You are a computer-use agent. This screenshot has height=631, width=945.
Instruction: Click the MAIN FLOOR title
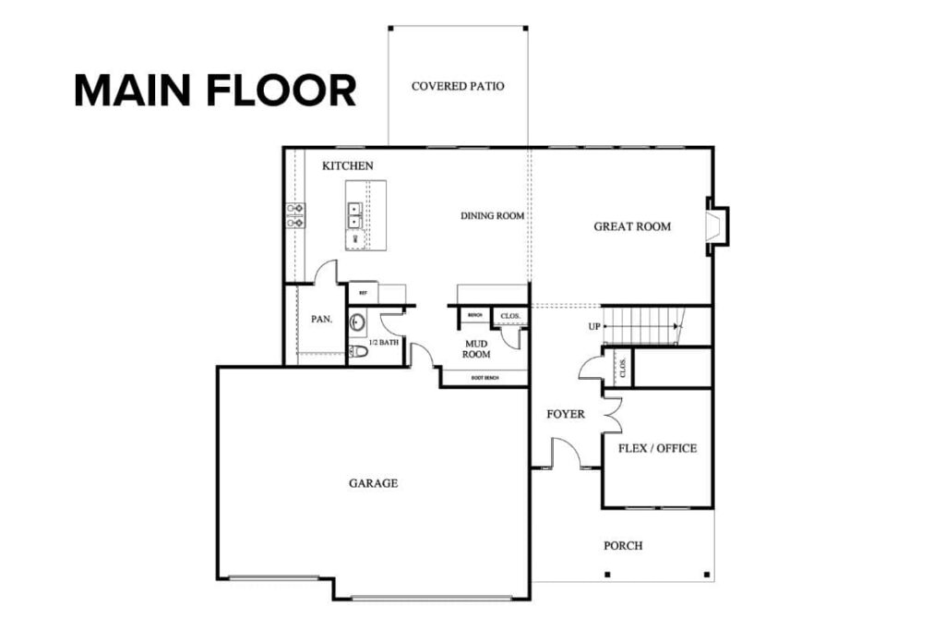point(215,91)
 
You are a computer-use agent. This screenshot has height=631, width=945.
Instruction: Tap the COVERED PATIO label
point(458,86)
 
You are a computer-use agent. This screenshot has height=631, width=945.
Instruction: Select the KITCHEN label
point(348,166)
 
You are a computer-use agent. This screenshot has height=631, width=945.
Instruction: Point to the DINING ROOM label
point(493,216)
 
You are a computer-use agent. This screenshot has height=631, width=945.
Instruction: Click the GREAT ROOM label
point(632,226)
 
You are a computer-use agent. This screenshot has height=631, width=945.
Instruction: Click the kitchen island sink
point(354,215)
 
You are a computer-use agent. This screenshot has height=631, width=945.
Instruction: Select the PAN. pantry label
point(321,320)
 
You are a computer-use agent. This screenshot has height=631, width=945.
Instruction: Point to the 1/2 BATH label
point(383,343)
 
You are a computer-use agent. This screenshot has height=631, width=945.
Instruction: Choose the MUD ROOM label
point(476,348)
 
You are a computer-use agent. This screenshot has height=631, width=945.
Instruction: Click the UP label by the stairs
point(595,327)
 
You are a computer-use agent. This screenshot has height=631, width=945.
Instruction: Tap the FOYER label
point(566,415)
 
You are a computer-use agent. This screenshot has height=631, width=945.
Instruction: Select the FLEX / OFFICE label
point(657,449)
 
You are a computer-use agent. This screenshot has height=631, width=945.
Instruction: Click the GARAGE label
point(373,483)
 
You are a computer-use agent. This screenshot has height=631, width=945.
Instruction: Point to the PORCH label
point(623,546)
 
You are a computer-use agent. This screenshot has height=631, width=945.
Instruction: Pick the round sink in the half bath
point(358,322)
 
